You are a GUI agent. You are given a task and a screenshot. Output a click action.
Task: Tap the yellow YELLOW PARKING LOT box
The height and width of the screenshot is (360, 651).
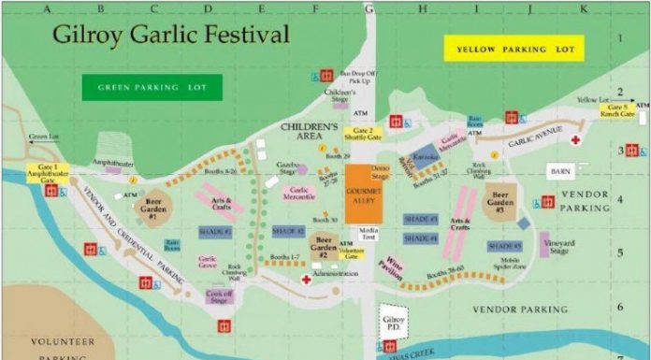(x=514, y=49)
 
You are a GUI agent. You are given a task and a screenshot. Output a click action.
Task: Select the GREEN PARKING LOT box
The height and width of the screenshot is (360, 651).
(x=152, y=88)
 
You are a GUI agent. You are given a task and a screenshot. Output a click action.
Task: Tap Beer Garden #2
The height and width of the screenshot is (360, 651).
(x=325, y=248)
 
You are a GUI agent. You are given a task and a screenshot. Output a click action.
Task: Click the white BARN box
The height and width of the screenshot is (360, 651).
(x=560, y=172)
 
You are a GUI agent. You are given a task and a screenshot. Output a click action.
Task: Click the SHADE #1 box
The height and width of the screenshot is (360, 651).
(x=214, y=231)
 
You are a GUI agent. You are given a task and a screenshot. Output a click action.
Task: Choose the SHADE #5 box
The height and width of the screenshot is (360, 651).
(x=504, y=246)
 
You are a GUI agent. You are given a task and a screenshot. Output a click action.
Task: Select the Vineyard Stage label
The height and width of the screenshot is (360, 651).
(x=559, y=247)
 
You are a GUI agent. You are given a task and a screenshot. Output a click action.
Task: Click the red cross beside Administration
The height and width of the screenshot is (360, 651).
(x=305, y=279)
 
